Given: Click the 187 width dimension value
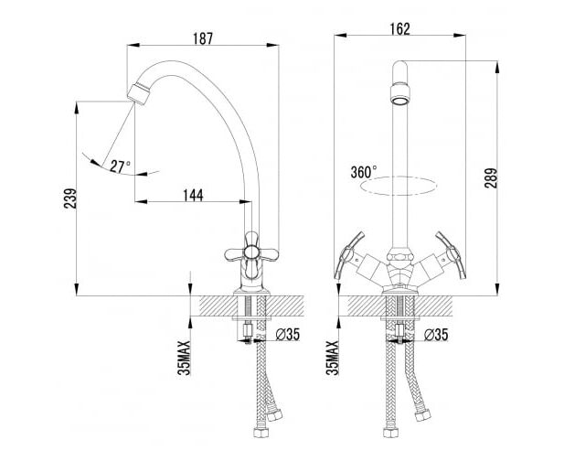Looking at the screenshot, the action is pyautogui.click(x=203, y=38).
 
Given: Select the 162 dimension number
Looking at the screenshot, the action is pyautogui.click(x=400, y=29).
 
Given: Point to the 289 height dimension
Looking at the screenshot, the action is pyautogui.click(x=491, y=177).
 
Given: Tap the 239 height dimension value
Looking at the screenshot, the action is pyautogui.click(x=70, y=198).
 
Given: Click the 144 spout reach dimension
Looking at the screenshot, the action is pyautogui.click(x=193, y=196).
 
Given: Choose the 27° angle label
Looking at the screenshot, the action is pyautogui.click(x=120, y=166).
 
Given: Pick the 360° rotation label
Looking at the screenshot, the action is pyautogui.click(x=364, y=172).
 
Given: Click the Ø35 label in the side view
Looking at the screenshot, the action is pyautogui.click(x=287, y=335).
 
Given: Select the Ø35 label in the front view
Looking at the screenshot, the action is pyautogui.click(x=436, y=335).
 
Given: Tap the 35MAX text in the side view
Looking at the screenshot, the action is pyautogui.click(x=184, y=358).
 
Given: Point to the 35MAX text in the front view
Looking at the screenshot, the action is pyautogui.click(x=333, y=358).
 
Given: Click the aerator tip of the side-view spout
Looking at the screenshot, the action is pyautogui.click(x=138, y=94).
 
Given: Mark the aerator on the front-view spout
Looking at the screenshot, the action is pyautogui.click(x=400, y=94).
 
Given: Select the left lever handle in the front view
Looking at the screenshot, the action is pyautogui.click(x=347, y=255).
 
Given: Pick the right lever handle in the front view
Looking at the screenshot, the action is pyautogui.click(x=452, y=255).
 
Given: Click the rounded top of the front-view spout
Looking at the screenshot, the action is pyautogui.click(x=400, y=67).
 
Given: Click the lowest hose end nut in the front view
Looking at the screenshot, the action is pyautogui.click(x=390, y=433).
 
